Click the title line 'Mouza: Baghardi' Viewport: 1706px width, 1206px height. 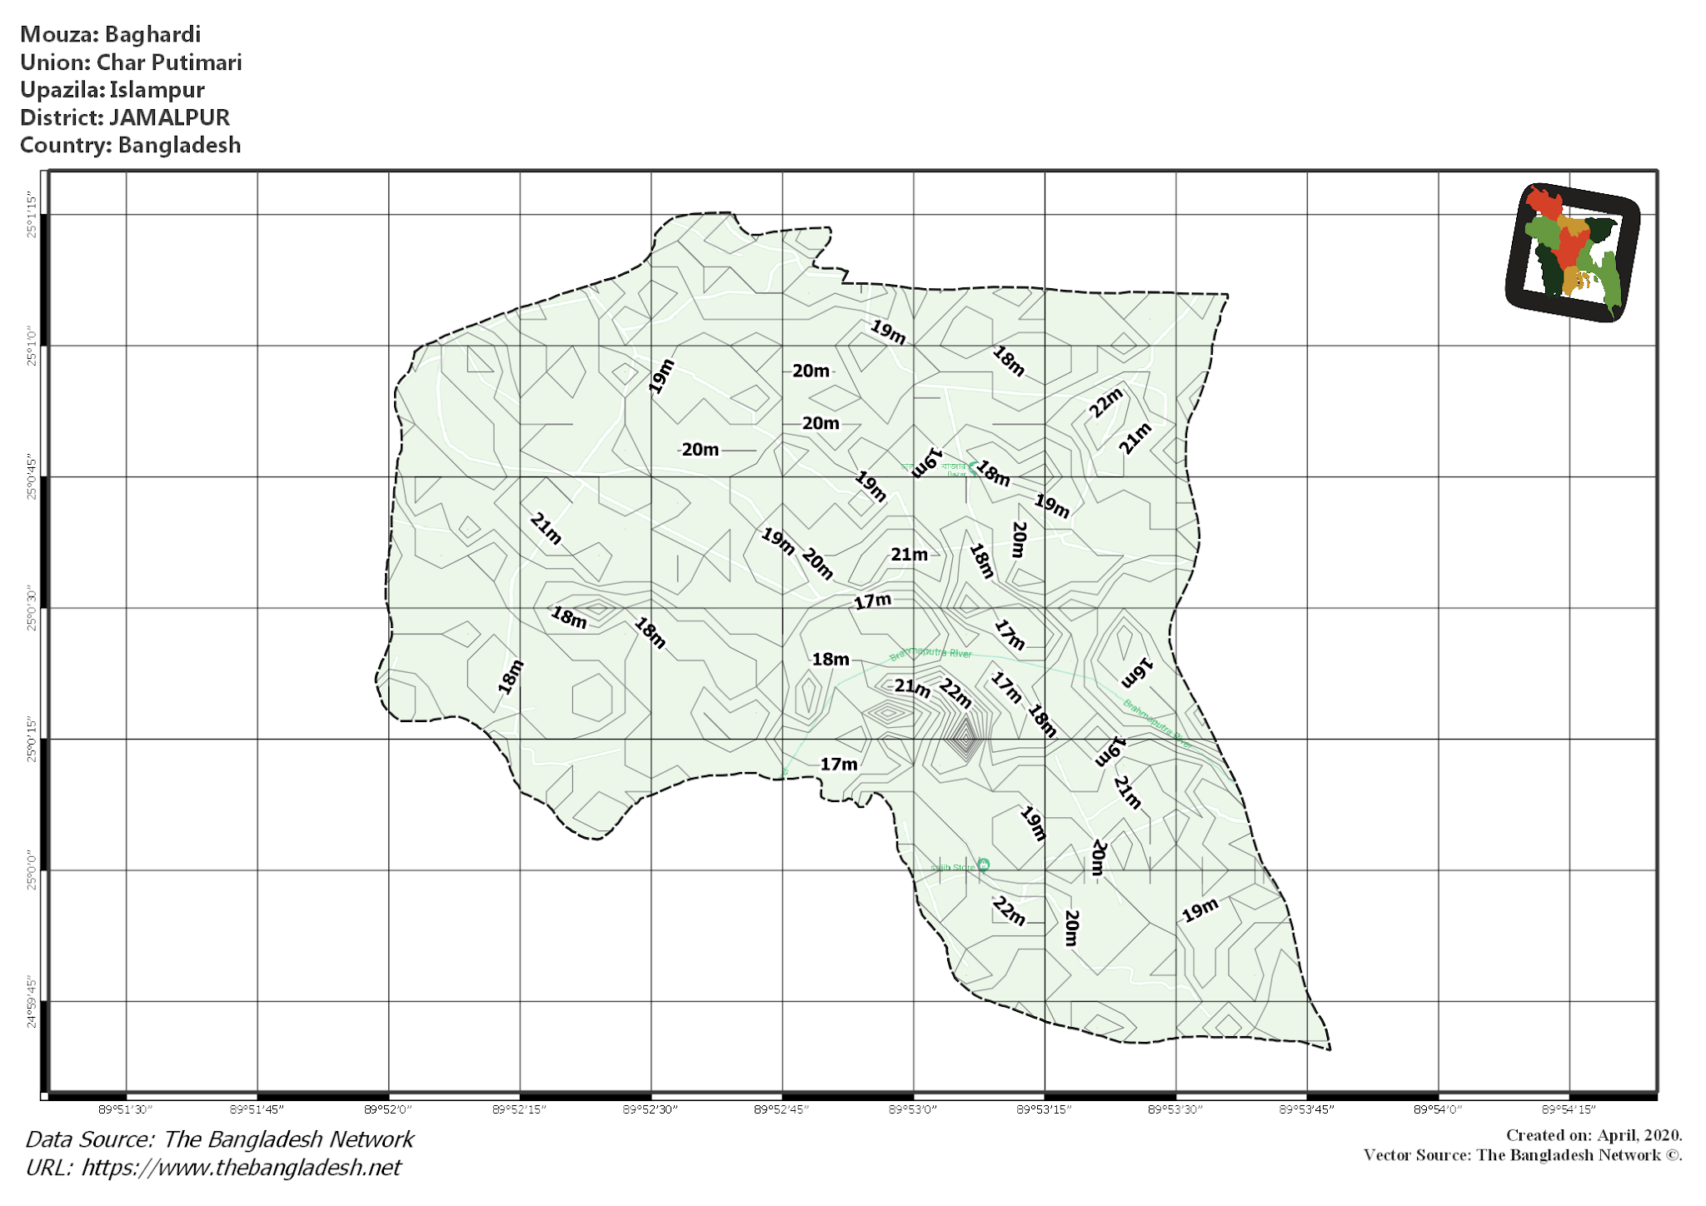[x=110, y=35]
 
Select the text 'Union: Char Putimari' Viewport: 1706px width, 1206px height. [x=131, y=62]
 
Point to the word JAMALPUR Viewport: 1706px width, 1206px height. [x=169, y=117]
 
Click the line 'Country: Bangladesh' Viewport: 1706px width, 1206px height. [x=130, y=145]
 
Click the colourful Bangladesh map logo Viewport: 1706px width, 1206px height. [x=1572, y=252]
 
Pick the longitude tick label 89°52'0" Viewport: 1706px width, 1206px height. [x=388, y=1109]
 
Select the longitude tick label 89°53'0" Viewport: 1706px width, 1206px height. [x=913, y=1109]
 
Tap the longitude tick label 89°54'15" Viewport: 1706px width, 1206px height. [x=1569, y=1109]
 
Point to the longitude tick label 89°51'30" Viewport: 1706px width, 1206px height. [x=126, y=1109]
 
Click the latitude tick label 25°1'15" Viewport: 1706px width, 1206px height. [x=32, y=215]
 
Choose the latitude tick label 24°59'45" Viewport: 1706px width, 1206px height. [x=32, y=1002]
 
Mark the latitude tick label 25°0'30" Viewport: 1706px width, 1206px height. [x=32, y=608]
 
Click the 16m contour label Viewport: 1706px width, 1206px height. [x=1136, y=673]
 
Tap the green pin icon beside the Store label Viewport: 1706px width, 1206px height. [x=984, y=865]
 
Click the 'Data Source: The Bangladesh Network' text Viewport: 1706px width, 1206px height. [x=219, y=1139]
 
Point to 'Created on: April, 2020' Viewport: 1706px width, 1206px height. [x=1594, y=1135]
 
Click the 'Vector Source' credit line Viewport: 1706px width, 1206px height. [x=1523, y=1155]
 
